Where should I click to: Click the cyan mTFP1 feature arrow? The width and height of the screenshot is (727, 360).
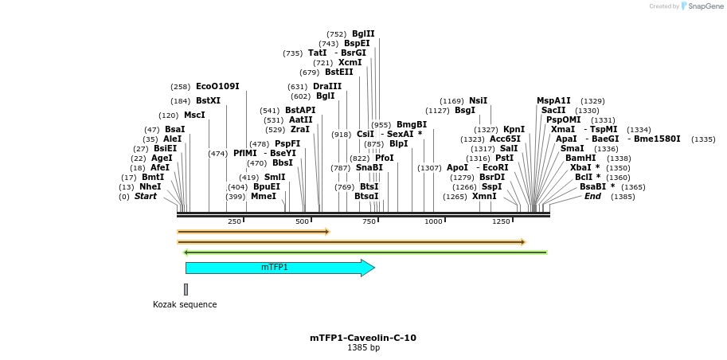tap(275, 268)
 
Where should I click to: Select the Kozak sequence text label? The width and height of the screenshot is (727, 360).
tap(185, 304)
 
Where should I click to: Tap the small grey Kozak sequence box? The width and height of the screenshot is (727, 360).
tap(186, 289)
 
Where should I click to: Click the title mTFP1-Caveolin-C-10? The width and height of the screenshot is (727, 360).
tap(363, 338)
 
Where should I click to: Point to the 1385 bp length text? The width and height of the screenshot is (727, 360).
tap(363, 348)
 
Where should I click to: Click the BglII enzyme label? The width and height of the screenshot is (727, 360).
tap(363, 34)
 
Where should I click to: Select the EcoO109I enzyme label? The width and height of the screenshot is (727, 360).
tap(217, 86)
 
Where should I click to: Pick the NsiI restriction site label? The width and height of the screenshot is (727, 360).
tap(478, 101)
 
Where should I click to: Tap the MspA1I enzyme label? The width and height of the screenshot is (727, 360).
tap(553, 101)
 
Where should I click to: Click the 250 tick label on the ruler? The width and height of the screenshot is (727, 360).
tap(234, 221)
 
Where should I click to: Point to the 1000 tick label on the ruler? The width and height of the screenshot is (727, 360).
tap(433, 221)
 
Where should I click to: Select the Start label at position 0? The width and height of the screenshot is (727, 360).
tap(146, 196)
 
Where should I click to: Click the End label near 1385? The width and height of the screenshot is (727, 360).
tap(592, 196)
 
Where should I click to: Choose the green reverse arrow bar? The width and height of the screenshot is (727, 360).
tap(365, 252)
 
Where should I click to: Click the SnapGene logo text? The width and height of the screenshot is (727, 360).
tap(705, 6)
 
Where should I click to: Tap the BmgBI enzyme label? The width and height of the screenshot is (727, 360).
tap(412, 125)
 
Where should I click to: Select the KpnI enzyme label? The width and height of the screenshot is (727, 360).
tap(514, 130)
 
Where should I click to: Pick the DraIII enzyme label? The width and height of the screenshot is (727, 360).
tap(327, 87)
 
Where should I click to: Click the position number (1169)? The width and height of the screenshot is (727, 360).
tap(451, 101)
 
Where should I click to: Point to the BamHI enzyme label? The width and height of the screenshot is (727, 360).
tap(580, 158)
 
